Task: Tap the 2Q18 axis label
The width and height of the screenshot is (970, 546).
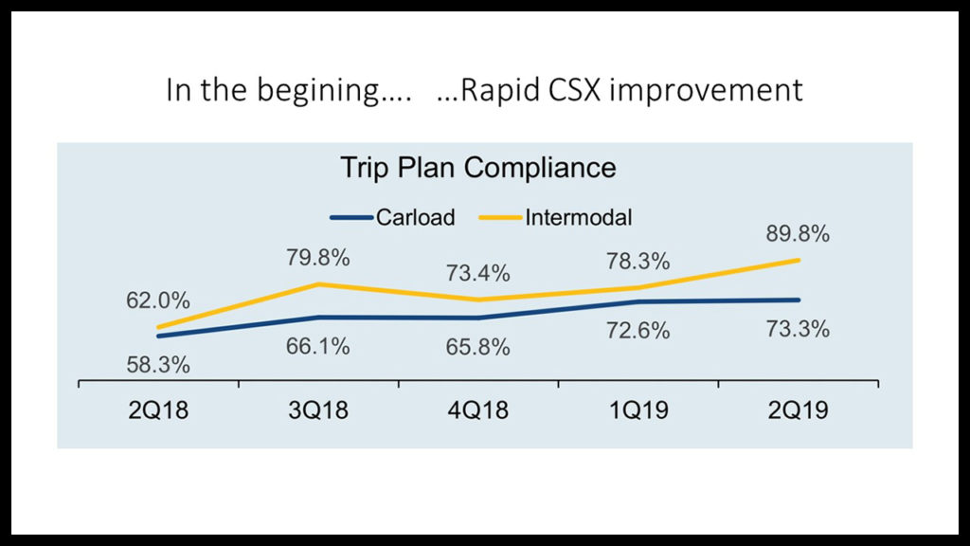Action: point(159,410)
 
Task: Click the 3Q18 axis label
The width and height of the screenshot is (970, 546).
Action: point(318,410)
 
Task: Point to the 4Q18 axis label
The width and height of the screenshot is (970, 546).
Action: point(478,410)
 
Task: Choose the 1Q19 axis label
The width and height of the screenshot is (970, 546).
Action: point(638,410)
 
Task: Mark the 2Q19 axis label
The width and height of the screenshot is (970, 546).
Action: point(799,410)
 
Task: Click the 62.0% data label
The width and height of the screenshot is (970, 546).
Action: point(158,301)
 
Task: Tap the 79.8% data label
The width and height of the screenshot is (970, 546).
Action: point(318,258)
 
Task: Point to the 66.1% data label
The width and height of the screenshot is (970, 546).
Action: point(318,346)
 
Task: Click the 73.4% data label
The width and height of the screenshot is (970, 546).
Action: point(478,274)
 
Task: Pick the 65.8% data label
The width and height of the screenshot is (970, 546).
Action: point(478,347)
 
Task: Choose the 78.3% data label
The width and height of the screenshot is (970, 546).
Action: point(638,261)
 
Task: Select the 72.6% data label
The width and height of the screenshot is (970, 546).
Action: point(638,331)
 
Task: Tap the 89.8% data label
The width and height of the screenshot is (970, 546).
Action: point(798,233)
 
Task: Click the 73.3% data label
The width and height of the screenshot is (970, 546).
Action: point(798,330)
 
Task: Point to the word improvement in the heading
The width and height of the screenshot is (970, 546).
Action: point(706,91)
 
